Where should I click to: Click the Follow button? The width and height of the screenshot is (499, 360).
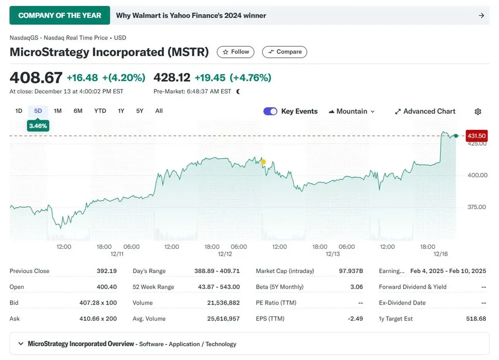pyautogui.click(x=236, y=52)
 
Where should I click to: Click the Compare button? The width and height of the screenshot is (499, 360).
pyautogui.click(x=284, y=52)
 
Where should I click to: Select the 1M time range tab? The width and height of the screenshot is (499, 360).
pyautogui.click(x=58, y=111)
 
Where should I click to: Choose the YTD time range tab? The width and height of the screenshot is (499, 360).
pyautogui.click(x=100, y=111)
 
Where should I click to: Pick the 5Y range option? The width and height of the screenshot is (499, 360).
pyautogui.click(x=140, y=111)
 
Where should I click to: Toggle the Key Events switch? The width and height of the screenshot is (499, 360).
pyautogui.click(x=270, y=111)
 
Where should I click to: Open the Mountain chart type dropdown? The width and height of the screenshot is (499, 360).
pyautogui.click(x=352, y=111)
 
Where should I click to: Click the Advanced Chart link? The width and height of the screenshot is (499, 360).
pyautogui.click(x=425, y=111)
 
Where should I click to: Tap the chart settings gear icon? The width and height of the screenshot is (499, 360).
pyautogui.click(x=478, y=111)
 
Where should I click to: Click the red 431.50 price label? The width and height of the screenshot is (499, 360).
pyautogui.click(x=476, y=136)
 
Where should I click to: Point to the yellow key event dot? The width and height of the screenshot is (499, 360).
pyautogui.click(x=263, y=162)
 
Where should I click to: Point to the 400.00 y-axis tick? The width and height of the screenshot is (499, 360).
pyautogui.click(x=477, y=175)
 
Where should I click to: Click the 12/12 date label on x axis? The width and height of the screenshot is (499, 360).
pyautogui.click(x=225, y=254)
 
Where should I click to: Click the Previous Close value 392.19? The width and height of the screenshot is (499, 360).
pyautogui.click(x=107, y=271)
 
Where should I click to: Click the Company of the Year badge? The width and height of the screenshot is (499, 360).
pyautogui.click(x=59, y=15)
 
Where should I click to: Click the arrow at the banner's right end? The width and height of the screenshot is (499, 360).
pyautogui.click(x=482, y=15)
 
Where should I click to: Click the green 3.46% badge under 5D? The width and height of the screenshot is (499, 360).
pyautogui.click(x=38, y=126)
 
